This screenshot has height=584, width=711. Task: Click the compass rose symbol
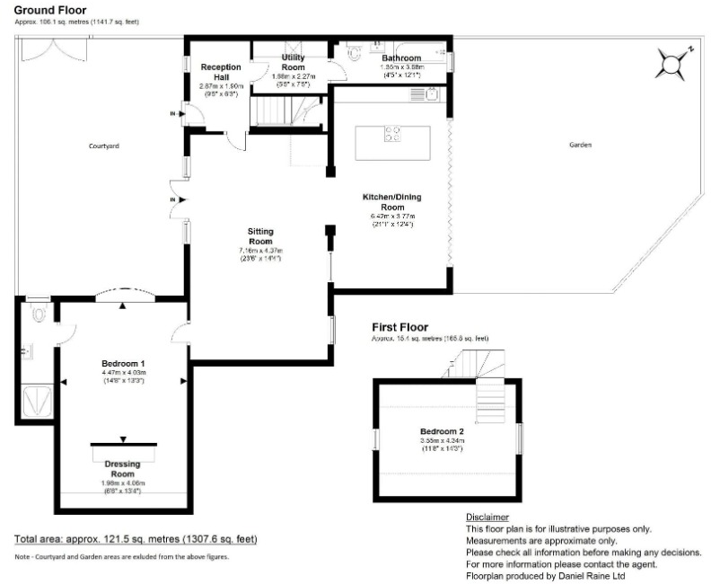coord(673,63)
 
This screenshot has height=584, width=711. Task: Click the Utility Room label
coord(294,62)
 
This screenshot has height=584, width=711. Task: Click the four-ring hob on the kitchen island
coord(393,135)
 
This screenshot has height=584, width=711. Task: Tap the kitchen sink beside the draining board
coord(433,93)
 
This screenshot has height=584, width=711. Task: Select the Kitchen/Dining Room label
coord(391,201)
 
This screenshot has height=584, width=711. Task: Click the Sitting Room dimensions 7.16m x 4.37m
coord(259,251)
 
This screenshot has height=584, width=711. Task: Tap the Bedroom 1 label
coord(123,364)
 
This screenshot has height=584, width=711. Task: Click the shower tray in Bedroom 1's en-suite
coord(34,398)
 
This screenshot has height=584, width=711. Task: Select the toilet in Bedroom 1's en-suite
coord(37,315)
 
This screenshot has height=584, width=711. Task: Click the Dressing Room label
coord(123,468)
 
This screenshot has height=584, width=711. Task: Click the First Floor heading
coord(400,327)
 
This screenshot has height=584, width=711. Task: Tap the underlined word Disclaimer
coord(487,518)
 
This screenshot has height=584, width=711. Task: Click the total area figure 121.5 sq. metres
coord(136,539)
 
